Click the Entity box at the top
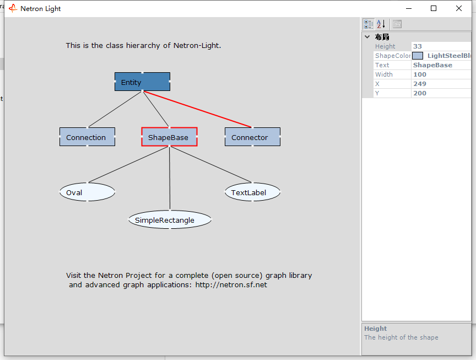click(x=142, y=82)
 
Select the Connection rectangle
click(x=87, y=137)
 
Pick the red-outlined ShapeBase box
click(x=169, y=137)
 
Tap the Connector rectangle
click(x=252, y=137)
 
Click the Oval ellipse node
click(x=87, y=192)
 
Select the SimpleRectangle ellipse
click(x=170, y=219)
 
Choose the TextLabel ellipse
click(x=252, y=192)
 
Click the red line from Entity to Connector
click(x=197, y=109)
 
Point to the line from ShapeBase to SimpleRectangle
click(x=170, y=178)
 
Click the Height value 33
click(x=418, y=46)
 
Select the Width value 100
click(x=420, y=74)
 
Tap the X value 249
click(x=420, y=84)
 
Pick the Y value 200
click(x=420, y=93)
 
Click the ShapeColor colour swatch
click(x=418, y=56)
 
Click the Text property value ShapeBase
click(x=432, y=65)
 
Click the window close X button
click(x=459, y=8)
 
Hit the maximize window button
click(x=434, y=8)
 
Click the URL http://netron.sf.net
click(x=231, y=285)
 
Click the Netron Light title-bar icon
click(x=13, y=8)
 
